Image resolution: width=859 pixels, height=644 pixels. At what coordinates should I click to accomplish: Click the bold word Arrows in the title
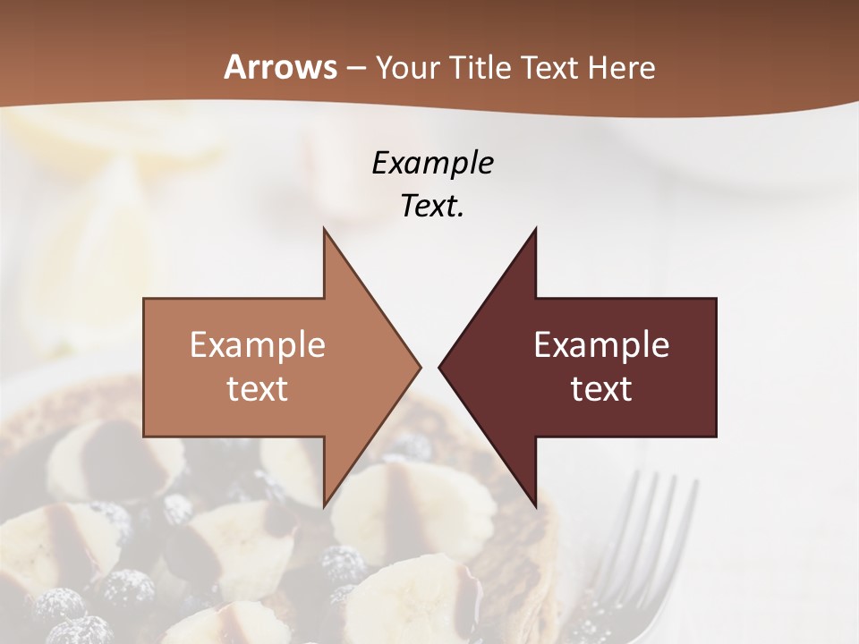tap(280, 67)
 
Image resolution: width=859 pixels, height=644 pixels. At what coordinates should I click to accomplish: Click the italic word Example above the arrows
tap(432, 163)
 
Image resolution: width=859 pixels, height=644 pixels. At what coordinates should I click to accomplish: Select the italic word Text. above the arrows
tap(432, 207)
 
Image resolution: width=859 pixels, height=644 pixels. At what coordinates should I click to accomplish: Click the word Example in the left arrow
tap(258, 344)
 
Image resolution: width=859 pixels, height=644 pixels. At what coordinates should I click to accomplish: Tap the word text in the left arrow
tap(258, 389)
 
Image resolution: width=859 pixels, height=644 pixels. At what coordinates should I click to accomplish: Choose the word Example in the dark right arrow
tap(601, 344)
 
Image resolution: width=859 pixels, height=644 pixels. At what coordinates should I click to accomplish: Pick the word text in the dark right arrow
tap(601, 389)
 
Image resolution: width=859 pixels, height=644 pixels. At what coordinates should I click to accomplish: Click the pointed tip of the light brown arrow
tap(418, 367)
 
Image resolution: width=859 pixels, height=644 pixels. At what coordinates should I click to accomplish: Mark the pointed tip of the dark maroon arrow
tap(441, 367)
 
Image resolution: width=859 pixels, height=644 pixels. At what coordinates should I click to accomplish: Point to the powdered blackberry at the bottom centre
tap(343, 565)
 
